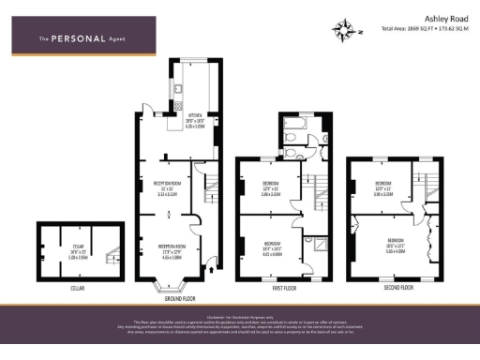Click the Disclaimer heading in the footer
pyautogui.click(x=239, y=317)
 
